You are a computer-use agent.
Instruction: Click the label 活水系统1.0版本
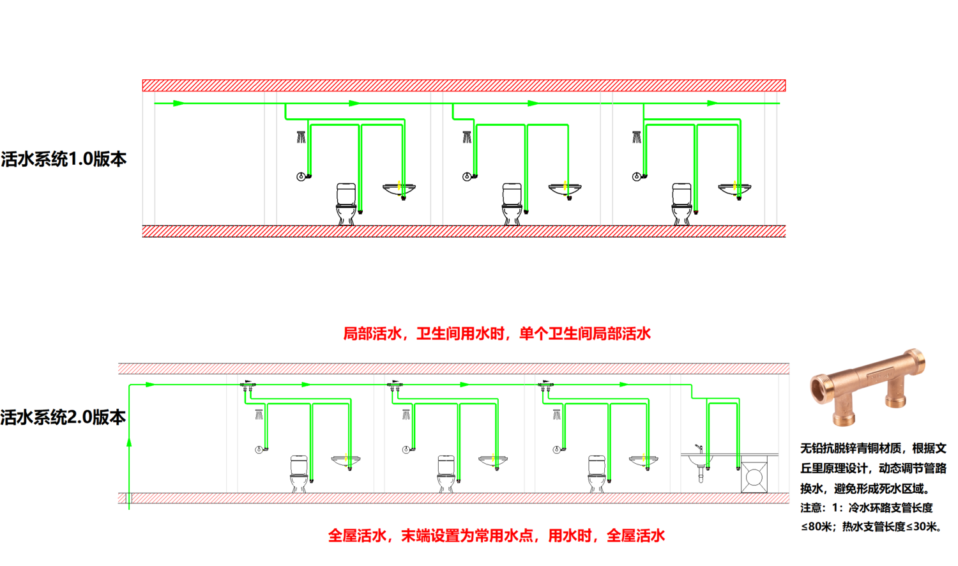point(64,159)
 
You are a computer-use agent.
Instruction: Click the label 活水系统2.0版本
point(63,418)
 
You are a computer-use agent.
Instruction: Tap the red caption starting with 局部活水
point(497,333)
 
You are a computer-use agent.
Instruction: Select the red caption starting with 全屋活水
point(496,535)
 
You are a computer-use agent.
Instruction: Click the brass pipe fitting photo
point(867,387)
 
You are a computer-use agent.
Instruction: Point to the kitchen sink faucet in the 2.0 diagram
point(699,448)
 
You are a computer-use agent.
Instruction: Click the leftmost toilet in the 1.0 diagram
point(346,203)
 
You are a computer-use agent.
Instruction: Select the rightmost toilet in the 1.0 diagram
point(681,203)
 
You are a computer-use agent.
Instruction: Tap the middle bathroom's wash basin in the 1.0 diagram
point(565,188)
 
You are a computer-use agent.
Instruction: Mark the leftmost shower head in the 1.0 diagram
point(301,137)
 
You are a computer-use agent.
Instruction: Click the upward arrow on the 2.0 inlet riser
point(130,442)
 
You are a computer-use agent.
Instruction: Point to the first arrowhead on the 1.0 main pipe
point(179,103)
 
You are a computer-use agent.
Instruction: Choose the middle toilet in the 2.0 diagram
point(446,473)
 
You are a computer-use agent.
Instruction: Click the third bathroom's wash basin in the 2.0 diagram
point(643,459)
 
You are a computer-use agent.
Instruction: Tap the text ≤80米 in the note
point(816,526)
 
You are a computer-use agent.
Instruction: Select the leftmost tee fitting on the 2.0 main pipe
point(248,385)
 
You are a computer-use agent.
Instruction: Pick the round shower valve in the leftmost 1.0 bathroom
point(301,176)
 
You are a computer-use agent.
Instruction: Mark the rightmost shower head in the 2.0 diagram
point(557,415)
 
